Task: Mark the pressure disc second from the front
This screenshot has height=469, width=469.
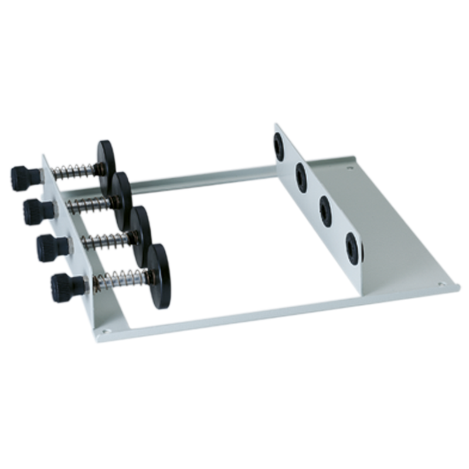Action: [141, 232]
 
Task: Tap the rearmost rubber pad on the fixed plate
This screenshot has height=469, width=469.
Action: [278, 146]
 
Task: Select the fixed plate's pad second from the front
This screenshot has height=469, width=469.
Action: [325, 211]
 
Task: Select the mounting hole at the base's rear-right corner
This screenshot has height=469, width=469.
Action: [350, 168]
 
